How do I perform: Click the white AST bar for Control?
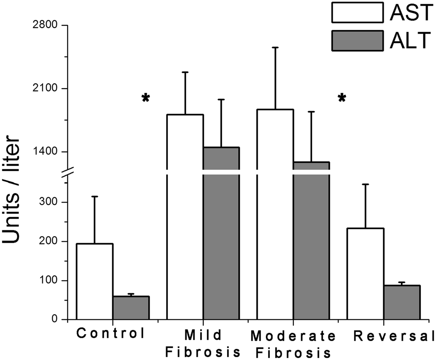click(95, 281)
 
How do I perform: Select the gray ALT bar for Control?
click(131, 308)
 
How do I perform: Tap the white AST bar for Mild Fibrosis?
click(185, 218)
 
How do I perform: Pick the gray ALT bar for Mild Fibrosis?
click(221, 236)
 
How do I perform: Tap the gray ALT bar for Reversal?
click(402, 302)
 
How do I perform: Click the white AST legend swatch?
click(358, 13)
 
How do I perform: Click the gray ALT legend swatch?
click(358, 41)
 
